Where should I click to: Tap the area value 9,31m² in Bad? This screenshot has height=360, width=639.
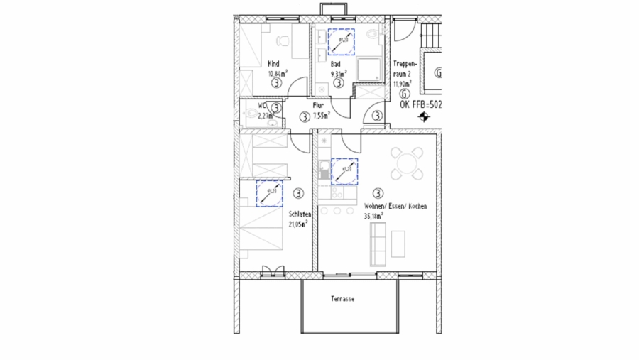pos(338,72)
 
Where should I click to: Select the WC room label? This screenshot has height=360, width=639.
pos(252,107)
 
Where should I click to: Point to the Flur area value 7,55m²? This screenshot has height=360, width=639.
pos(322,114)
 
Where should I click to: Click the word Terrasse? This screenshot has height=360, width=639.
pos(342,299)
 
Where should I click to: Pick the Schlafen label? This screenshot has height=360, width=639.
pos(299,214)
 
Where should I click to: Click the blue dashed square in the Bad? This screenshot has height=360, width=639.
pos(342,40)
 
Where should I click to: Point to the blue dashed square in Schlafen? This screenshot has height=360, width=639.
pos(270,193)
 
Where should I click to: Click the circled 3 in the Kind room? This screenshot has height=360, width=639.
pos(275,82)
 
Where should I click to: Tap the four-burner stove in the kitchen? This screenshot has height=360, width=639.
pos(337,192)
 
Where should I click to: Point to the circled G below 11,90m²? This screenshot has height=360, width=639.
pos(404,92)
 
